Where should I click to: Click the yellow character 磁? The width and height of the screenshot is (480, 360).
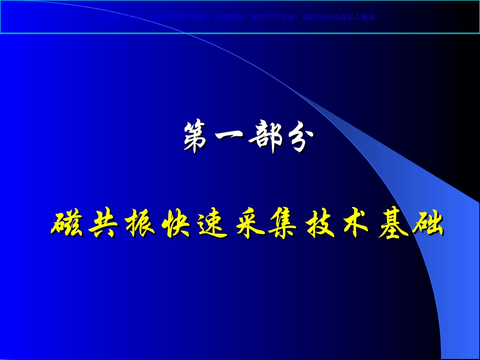[x=66, y=224]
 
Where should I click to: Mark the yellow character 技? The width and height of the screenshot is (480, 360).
[x=316, y=224]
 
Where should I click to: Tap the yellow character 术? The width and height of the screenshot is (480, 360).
[x=353, y=224]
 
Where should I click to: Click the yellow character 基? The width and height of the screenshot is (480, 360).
[x=390, y=224]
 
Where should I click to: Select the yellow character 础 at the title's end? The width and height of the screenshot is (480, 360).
[x=427, y=224]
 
